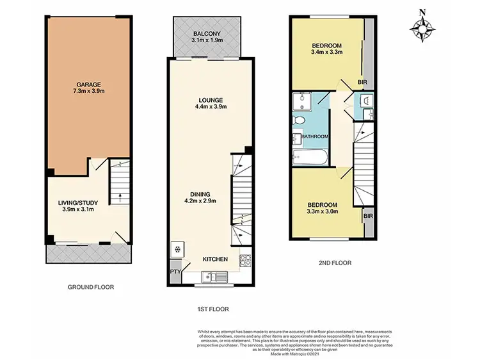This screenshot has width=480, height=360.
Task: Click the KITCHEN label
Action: tap(215, 259)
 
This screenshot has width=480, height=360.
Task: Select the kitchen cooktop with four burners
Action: tap(244, 261)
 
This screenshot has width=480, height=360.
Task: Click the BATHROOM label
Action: tap(316, 136)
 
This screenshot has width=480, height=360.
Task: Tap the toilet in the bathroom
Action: tap(298, 120)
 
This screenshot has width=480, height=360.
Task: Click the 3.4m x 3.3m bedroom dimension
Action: tap(326, 53)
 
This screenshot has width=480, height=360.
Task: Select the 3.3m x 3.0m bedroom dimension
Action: tap(323, 212)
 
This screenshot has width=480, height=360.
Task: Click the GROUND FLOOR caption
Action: tap(91, 287)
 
